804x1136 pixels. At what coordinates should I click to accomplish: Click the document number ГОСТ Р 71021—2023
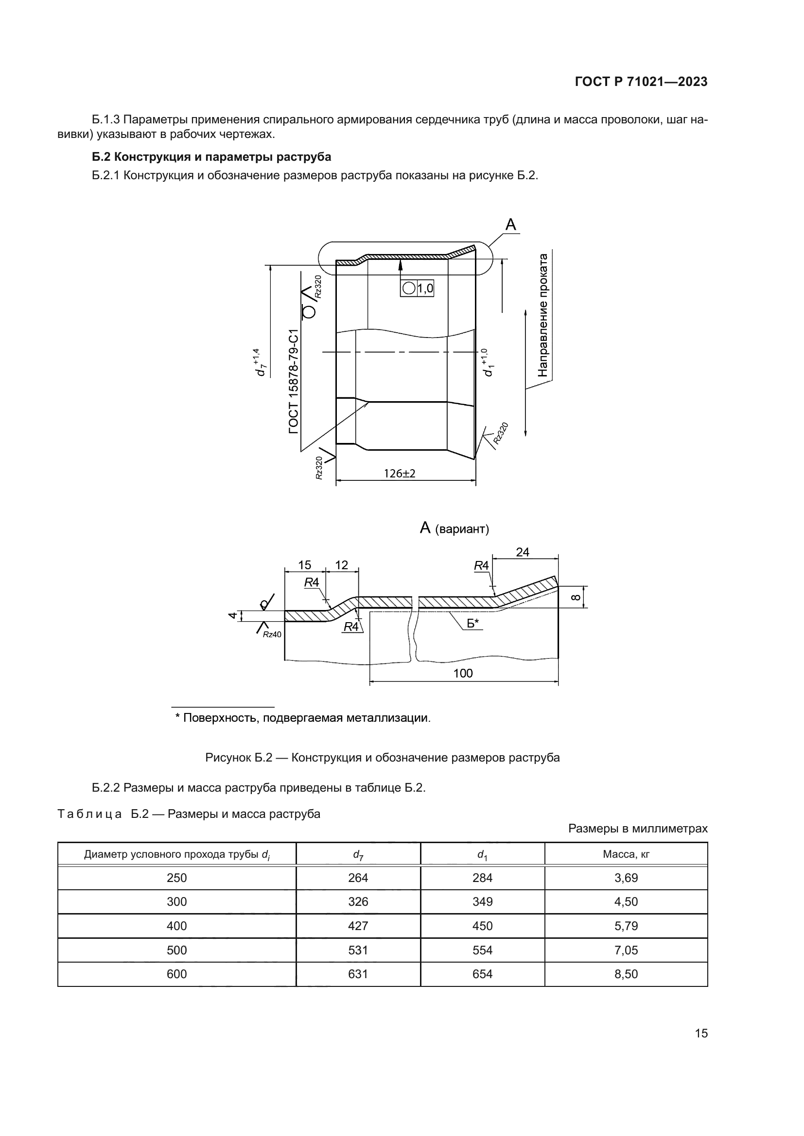click(641, 82)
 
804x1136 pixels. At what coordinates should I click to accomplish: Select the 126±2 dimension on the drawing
click(400, 474)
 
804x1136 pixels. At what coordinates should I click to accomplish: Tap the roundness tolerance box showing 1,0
click(417, 288)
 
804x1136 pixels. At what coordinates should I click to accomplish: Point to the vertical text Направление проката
click(543, 315)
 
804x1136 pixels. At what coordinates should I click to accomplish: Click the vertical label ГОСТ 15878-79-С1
click(294, 381)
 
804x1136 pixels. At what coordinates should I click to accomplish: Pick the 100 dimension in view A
click(463, 673)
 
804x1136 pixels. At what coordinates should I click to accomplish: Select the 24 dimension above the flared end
click(523, 552)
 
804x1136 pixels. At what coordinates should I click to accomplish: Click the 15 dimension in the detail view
click(304, 565)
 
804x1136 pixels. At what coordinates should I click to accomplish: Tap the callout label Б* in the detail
click(473, 624)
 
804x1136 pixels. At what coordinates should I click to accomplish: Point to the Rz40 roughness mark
click(271, 635)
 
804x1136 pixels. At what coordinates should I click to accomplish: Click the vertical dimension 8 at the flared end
click(576, 597)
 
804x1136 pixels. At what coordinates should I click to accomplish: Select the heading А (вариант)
click(454, 528)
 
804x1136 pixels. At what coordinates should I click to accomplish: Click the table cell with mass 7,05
click(626, 950)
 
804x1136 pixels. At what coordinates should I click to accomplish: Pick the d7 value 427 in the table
click(358, 926)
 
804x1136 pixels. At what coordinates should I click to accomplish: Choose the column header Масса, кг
click(626, 854)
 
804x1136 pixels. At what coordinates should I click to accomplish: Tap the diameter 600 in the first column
click(177, 974)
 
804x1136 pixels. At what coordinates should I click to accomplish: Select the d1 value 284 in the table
click(482, 878)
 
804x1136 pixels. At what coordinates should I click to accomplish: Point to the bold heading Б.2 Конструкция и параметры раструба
click(211, 157)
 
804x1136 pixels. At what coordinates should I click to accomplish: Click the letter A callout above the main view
click(510, 225)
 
